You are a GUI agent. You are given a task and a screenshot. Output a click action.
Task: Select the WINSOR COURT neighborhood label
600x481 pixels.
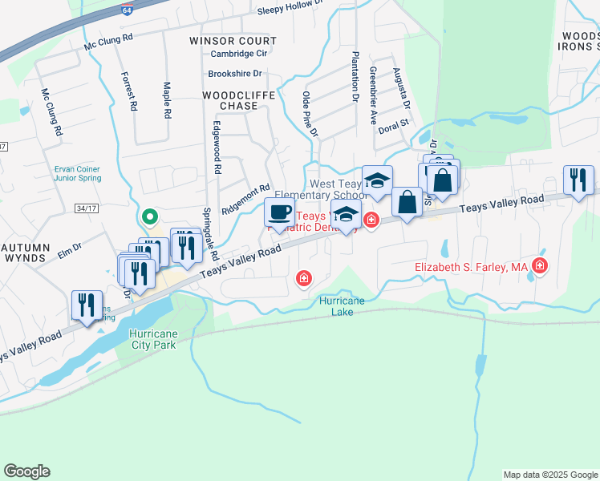(x=233, y=41)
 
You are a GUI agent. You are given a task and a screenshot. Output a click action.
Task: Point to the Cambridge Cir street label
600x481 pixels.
(x=238, y=55)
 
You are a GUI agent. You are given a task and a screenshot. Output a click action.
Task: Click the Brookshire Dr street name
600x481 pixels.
(x=235, y=74)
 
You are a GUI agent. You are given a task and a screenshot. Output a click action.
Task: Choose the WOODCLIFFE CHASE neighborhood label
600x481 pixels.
(x=238, y=100)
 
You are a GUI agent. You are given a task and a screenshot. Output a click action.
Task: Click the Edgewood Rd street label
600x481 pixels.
(x=216, y=148)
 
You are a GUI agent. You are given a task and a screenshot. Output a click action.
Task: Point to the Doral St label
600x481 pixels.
(x=394, y=124)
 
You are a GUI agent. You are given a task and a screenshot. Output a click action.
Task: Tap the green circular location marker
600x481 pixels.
(x=148, y=216)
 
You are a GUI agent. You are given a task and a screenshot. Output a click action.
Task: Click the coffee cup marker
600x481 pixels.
(x=279, y=213)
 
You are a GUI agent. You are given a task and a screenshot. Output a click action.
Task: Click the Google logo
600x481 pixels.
(x=26, y=471)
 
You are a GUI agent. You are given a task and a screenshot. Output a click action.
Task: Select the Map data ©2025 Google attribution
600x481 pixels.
(x=549, y=475)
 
